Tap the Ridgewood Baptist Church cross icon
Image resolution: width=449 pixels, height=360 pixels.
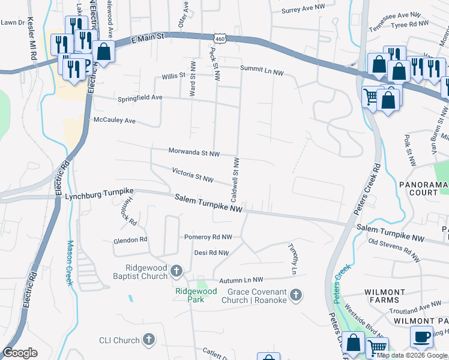pyautogui.click(x=176, y=271)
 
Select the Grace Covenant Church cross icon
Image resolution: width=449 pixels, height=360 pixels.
pyautogui.click(x=295, y=295)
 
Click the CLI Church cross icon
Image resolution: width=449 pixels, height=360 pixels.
pyautogui.click(x=148, y=340)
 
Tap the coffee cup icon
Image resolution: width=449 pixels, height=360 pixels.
pyautogui.click(x=421, y=338)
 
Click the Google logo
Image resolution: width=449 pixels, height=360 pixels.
pyautogui.click(x=20, y=353)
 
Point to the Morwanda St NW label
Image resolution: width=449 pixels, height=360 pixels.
pyautogui.click(x=194, y=153)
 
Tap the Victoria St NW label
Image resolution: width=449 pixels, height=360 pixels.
pyautogui.click(x=193, y=175)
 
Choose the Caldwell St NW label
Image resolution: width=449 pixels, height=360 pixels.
pyautogui.click(x=235, y=179)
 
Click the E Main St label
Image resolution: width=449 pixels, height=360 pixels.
pyautogui.click(x=146, y=39)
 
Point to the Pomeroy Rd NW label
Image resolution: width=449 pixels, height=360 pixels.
pyautogui.click(x=208, y=237)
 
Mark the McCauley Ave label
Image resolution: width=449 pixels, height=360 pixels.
pyautogui.click(x=115, y=120)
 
